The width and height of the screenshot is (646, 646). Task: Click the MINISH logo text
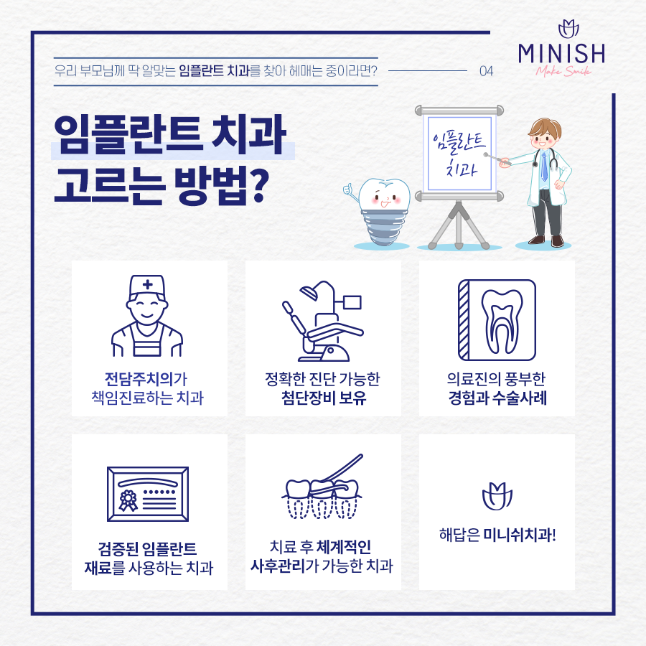[x=561, y=54]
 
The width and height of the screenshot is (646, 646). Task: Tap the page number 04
[x=486, y=71]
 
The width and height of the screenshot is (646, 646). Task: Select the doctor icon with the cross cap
[x=147, y=316]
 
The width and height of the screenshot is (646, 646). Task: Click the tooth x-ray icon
[x=497, y=320]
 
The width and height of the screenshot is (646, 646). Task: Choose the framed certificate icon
[x=148, y=494]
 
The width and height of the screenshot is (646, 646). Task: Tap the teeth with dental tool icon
[x=322, y=487]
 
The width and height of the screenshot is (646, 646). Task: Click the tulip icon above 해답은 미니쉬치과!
[x=497, y=497]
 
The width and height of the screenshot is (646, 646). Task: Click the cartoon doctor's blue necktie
[x=544, y=167]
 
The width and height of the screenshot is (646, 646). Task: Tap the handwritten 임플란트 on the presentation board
[x=459, y=141]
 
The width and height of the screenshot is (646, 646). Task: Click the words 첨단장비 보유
[x=324, y=398]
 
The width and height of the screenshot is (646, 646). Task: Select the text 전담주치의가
[x=146, y=378]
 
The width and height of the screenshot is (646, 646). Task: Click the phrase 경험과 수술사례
[x=497, y=398]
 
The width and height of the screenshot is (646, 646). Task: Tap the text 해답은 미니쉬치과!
[x=497, y=535]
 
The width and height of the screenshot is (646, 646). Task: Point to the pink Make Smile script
[x=563, y=71]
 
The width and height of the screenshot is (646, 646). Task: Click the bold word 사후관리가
[x=278, y=566]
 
